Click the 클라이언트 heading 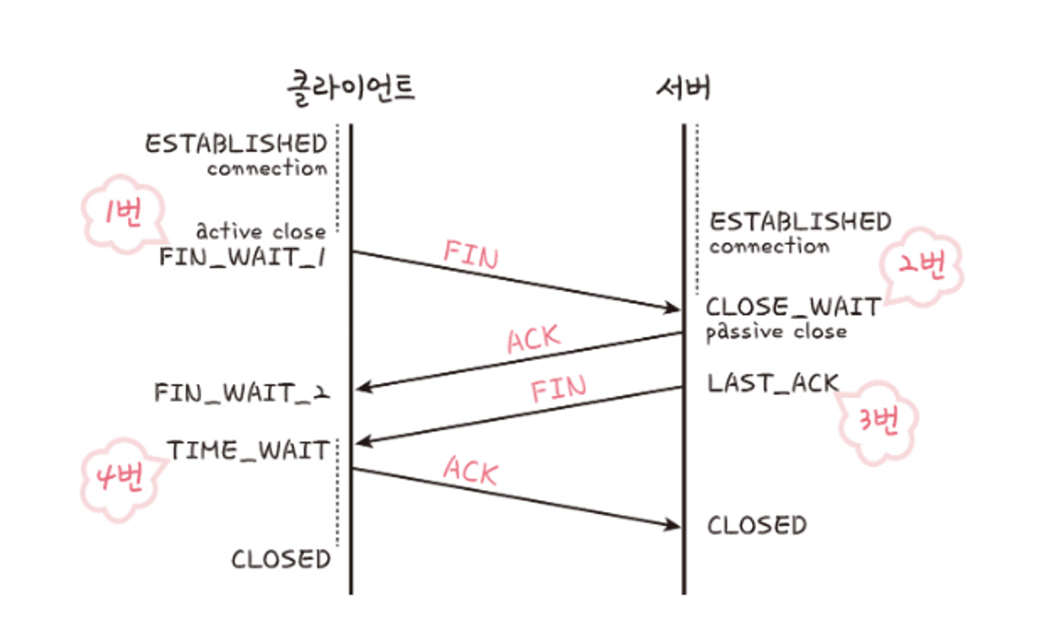[x=351, y=88]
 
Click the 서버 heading [x=684, y=88]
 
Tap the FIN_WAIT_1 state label [x=243, y=257]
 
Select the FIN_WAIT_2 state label [x=242, y=393]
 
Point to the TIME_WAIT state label [x=248, y=451]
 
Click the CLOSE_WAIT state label [x=793, y=307]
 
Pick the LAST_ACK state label [x=772, y=383]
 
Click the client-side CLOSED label [x=281, y=560]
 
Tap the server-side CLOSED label [x=757, y=526]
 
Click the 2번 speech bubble [x=921, y=265]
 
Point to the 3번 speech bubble [x=878, y=421]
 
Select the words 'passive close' [x=776, y=332]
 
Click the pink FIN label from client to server [x=471, y=254]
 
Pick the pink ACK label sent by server [x=534, y=339]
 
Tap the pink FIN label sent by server [x=559, y=388]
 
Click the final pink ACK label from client [x=471, y=470]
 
